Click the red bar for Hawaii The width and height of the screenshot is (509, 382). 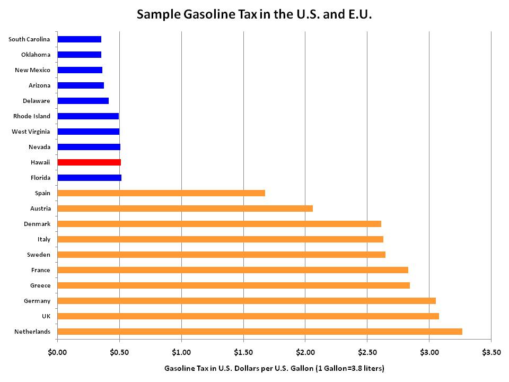pyautogui.click(x=89, y=162)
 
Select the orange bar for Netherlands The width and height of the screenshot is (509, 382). pyautogui.click(x=260, y=332)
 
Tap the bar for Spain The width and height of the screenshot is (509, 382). pyautogui.click(x=161, y=193)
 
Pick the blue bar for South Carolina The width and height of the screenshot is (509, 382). pyautogui.click(x=80, y=39)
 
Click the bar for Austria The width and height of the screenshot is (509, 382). pyautogui.click(x=185, y=209)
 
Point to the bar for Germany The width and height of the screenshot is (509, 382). pyautogui.click(x=247, y=301)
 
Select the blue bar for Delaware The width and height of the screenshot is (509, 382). pyautogui.click(x=83, y=101)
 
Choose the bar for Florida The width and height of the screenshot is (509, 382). pyautogui.click(x=90, y=178)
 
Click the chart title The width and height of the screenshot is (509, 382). pyautogui.click(x=254, y=14)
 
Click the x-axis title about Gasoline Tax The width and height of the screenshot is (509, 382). pyautogui.click(x=274, y=368)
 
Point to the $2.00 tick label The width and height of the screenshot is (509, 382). pyautogui.click(x=305, y=352)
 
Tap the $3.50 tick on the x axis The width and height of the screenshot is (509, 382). pyautogui.click(x=491, y=352)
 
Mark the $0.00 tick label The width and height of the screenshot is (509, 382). pyautogui.click(x=57, y=352)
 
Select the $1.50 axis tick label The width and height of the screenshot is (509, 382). pyautogui.click(x=243, y=352)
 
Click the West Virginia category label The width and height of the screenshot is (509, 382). pyautogui.click(x=31, y=132)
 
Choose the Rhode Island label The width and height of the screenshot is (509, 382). pyautogui.click(x=32, y=116)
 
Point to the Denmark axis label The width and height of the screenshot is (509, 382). pyautogui.click(x=37, y=224)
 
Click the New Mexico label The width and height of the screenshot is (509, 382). pyautogui.click(x=32, y=70)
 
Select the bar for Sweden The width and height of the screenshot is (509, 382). pyautogui.click(x=222, y=255)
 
